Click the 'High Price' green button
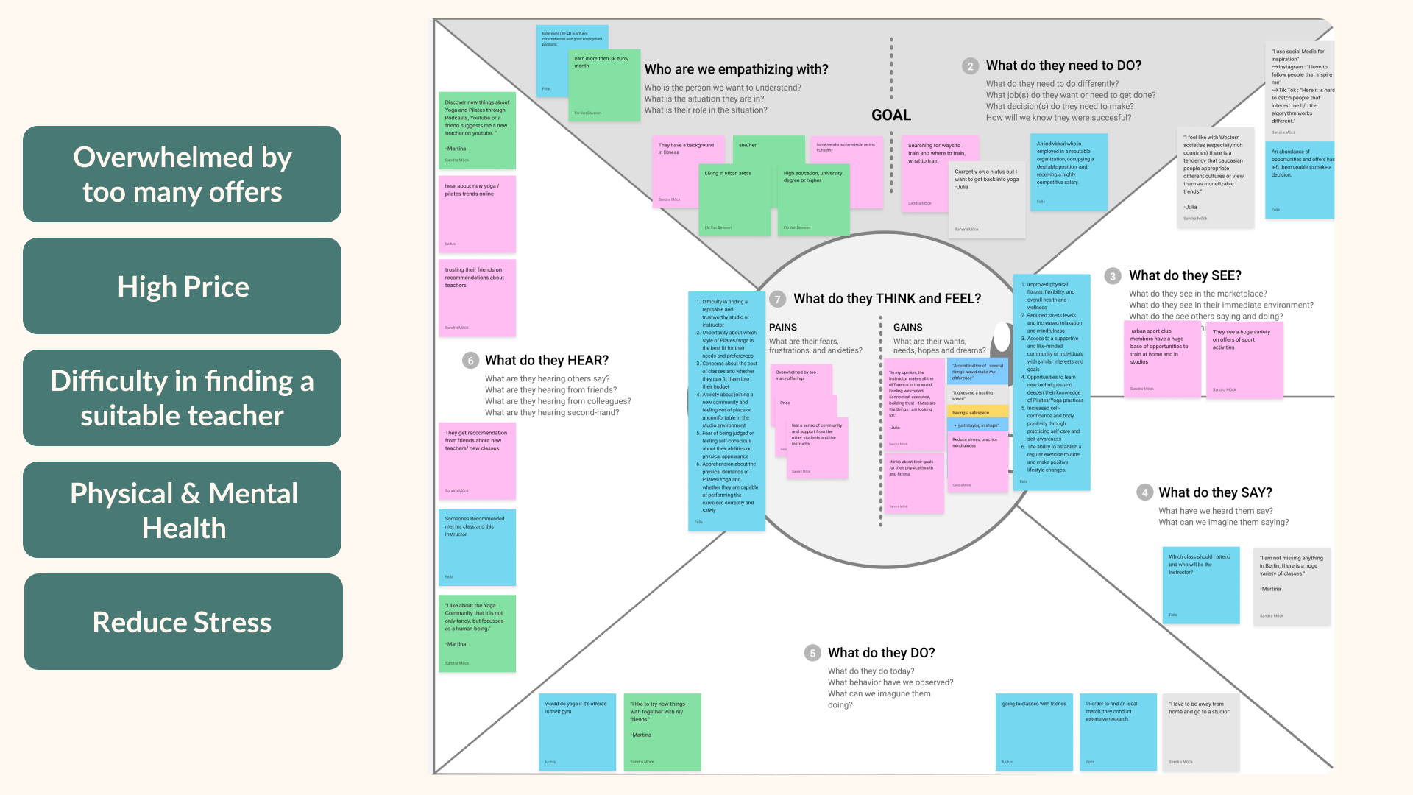[x=183, y=286]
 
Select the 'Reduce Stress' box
[x=183, y=622]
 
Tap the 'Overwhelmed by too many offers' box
[x=183, y=174]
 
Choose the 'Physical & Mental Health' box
[x=183, y=510]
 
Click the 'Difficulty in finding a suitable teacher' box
[x=183, y=398]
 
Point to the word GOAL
[x=890, y=115]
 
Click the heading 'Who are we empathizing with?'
[x=736, y=69]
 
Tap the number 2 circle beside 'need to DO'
[x=970, y=66]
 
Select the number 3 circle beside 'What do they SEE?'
[x=1113, y=276]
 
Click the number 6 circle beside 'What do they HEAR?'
[x=470, y=361]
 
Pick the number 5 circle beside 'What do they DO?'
[x=812, y=653]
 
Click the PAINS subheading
[x=783, y=328]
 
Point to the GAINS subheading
[x=907, y=328]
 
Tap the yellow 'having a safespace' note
[x=977, y=412]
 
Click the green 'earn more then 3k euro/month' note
[x=604, y=85]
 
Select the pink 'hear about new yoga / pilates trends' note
[x=477, y=214]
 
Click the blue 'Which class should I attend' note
[x=1200, y=585]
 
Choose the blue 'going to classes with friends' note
[x=1034, y=732]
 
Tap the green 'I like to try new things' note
[x=662, y=732]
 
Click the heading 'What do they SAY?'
[x=1215, y=492]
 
